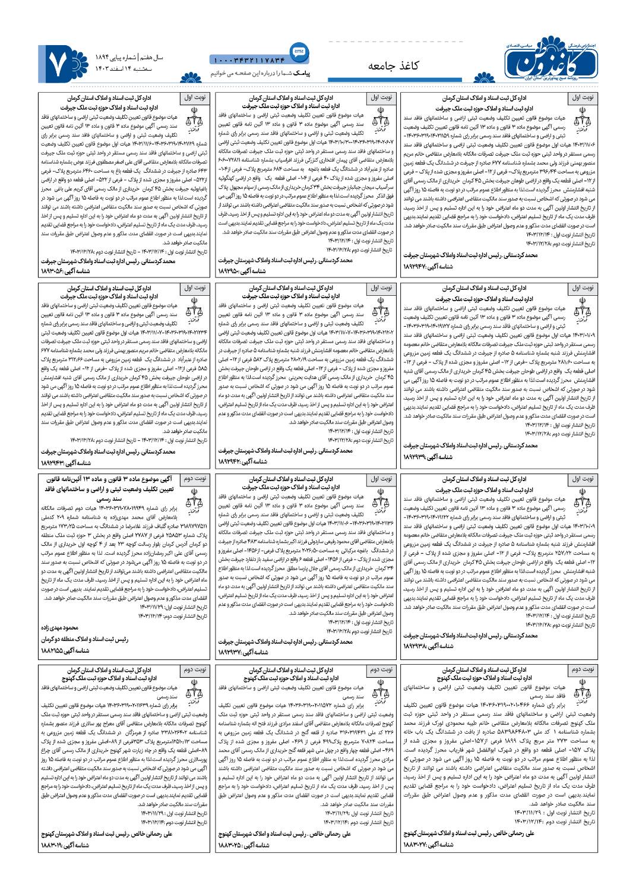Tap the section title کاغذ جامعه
click(x=394, y=65)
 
